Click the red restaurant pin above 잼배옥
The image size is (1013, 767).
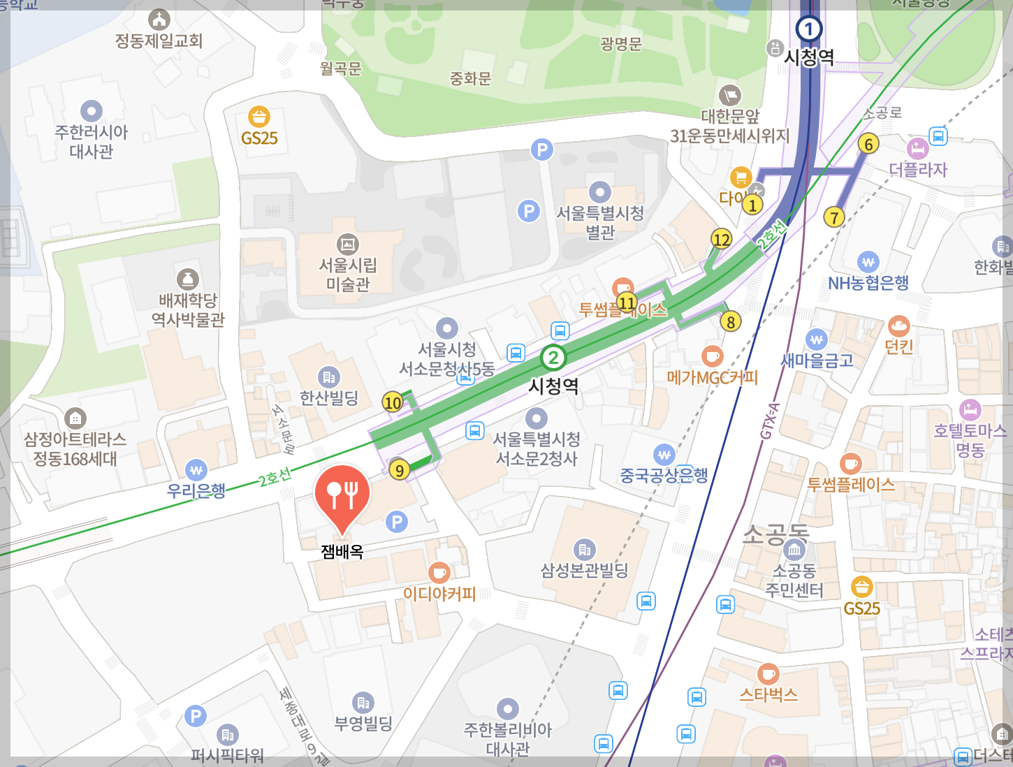pos(342,495)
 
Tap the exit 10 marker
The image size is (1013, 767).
pos(393,402)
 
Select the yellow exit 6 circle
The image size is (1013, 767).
pos(868,144)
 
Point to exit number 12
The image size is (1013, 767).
pos(721,240)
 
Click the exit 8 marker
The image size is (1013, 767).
pos(731,321)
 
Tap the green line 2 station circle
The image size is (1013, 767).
pos(553,358)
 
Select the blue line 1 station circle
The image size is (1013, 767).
pos(808,29)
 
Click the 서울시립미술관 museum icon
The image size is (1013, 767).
pos(347,244)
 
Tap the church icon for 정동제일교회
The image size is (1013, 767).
pos(159,19)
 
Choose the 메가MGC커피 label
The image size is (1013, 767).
pos(712,378)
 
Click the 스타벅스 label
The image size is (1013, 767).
pos(768,694)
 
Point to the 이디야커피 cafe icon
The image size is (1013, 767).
pos(439,573)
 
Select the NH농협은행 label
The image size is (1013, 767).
pos(868,283)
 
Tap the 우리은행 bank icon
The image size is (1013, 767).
pos(196,470)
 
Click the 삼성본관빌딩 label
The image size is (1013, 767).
pos(584,571)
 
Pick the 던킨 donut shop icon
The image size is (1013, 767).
pos(898,326)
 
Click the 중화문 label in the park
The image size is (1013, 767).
pos(470,78)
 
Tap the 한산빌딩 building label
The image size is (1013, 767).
pos(328,397)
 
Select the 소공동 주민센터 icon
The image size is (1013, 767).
pos(794,549)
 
